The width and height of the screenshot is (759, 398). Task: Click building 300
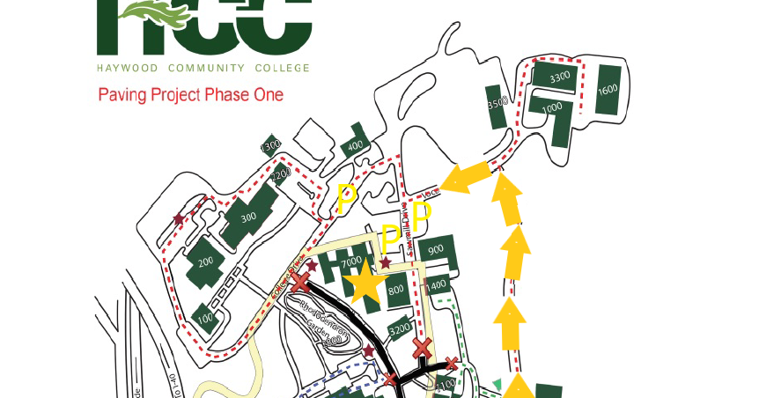pos(249,217)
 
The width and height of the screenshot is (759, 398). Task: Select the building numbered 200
pos(206,262)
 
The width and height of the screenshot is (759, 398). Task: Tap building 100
pos(205,318)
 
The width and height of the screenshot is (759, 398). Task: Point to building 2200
pos(281,174)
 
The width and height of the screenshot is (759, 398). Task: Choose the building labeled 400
pos(355,146)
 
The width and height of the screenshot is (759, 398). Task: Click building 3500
pos(497,103)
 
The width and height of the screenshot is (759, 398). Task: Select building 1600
pos(608,90)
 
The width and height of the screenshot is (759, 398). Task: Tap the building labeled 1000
pos(552,108)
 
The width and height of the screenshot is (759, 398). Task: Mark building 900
pos(436,252)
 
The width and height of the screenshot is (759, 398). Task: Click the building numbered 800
pos(396,289)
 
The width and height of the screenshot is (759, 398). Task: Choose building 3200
pos(399,328)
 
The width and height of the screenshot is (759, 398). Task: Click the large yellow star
pos(362,284)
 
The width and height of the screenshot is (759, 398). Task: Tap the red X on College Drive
pos(301,283)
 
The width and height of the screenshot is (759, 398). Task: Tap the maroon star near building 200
pos(179,218)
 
